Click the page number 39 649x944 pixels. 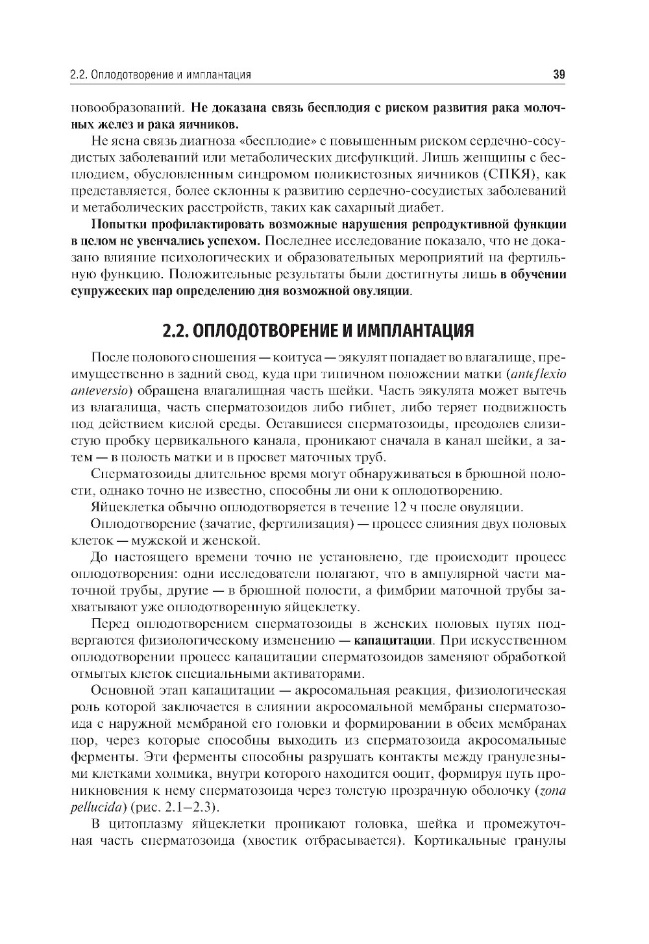tap(559, 75)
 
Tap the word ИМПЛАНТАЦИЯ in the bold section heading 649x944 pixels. tap(408, 330)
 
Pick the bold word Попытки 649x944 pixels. tap(119, 224)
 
